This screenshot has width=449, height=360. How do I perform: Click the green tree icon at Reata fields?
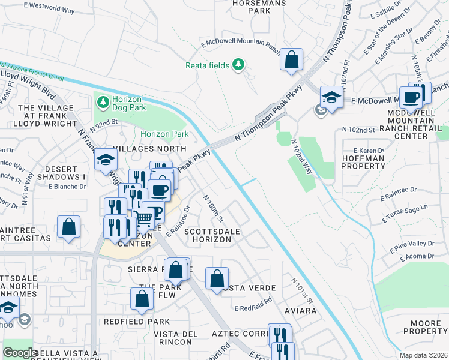coord(239,64)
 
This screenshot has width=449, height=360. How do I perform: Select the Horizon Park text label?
coord(164,134)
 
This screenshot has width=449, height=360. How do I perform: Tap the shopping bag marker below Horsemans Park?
coord(291,60)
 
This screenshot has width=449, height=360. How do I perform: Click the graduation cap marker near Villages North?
coord(106,160)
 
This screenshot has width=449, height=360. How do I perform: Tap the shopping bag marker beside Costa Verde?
coord(217,278)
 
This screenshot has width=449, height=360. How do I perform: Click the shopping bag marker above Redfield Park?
coord(141,299)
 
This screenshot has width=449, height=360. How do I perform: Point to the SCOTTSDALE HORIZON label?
coord(207,235)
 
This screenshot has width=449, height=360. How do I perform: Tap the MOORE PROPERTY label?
coord(426,327)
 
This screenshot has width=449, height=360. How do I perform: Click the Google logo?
coord(20,353)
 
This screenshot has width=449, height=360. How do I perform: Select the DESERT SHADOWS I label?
coord(61,173)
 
